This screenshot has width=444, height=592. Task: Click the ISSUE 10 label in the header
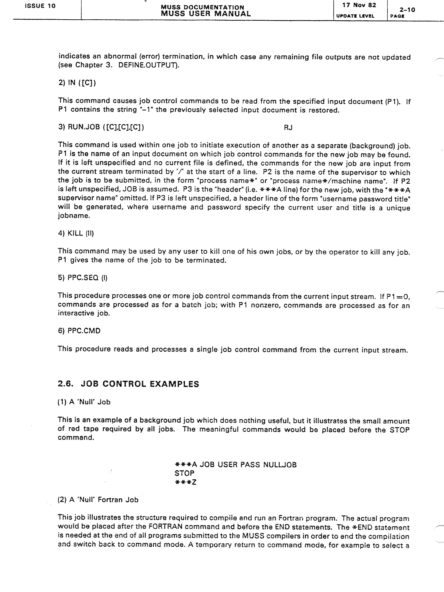(40, 6)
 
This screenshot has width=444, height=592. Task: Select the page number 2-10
(407, 10)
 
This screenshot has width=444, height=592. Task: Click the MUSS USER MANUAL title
(206, 14)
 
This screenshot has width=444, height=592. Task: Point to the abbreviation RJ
(288, 128)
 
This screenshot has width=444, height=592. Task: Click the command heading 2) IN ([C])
(77, 83)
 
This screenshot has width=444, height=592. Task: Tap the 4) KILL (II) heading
(76, 233)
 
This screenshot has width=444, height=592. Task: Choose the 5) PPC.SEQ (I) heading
(83, 278)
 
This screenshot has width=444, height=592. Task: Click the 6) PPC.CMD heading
(79, 331)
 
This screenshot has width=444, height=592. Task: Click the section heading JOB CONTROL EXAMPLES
(140, 384)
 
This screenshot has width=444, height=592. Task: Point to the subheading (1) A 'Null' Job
(84, 402)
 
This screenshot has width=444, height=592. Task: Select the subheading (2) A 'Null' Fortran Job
(98, 500)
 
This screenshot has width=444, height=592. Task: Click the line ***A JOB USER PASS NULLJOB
(236, 465)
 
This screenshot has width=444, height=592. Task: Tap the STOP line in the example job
(184, 473)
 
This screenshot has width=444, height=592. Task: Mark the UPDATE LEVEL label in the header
(355, 16)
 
